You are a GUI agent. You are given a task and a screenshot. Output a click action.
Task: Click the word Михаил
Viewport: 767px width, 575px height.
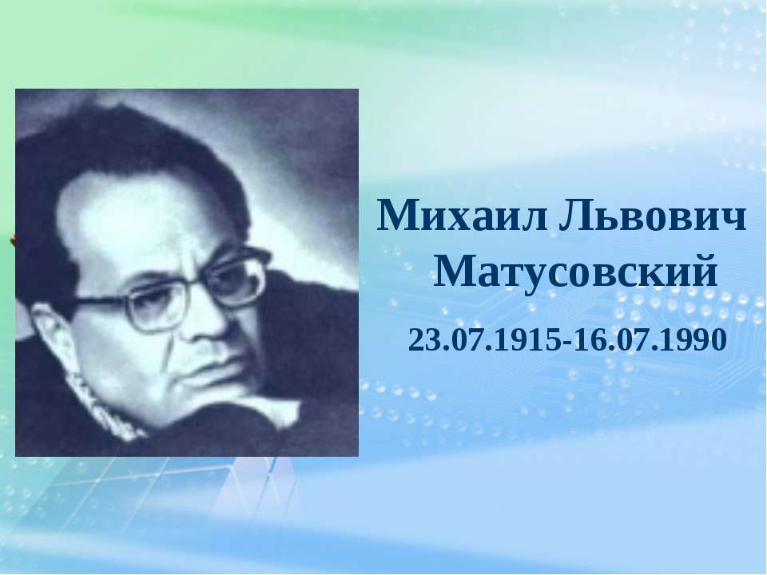(463, 215)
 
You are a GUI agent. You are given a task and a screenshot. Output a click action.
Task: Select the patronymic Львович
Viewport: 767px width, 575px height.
(652, 215)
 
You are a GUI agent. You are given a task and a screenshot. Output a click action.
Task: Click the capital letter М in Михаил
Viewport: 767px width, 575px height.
(397, 215)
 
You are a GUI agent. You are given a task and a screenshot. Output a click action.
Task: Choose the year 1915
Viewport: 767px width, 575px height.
(532, 340)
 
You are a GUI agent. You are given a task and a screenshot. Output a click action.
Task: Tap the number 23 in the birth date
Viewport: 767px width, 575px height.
(422, 340)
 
